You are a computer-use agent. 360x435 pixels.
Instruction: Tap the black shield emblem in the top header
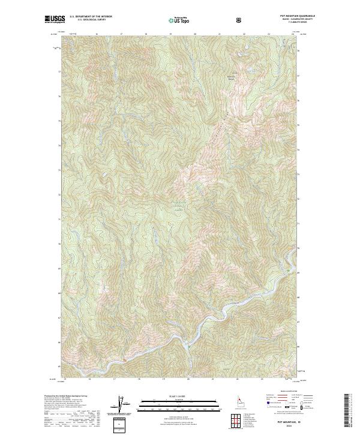click(241, 20)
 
